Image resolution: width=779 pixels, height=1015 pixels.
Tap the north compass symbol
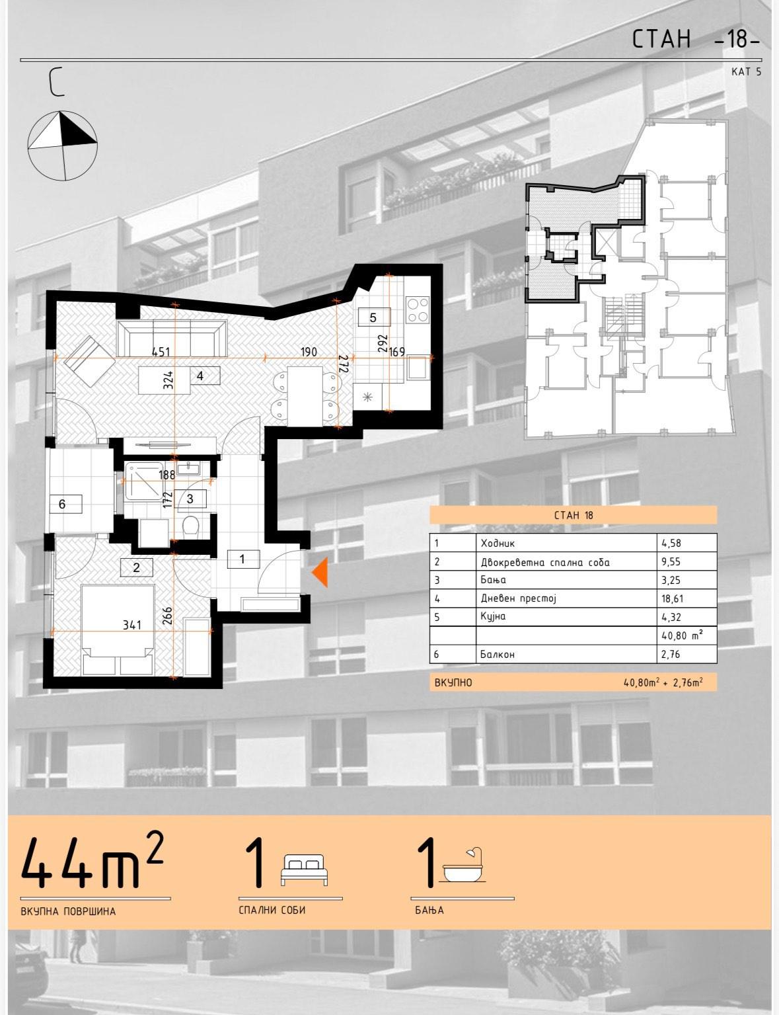(63, 146)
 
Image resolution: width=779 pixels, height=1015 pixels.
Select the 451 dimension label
(161, 351)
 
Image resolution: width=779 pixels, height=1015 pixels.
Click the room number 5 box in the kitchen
(373, 317)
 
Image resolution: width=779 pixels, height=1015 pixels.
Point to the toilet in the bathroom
(192, 526)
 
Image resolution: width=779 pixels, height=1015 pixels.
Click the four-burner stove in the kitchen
(418, 309)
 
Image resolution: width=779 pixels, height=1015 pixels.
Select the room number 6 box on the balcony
(66, 504)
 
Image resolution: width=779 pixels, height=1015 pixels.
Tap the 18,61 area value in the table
(671, 598)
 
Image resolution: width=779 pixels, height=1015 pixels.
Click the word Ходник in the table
(498, 544)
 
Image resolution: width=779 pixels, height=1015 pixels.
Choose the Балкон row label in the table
(498, 655)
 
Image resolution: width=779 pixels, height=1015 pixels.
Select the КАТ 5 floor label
(747, 72)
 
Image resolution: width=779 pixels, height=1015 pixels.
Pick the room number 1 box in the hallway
(243, 559)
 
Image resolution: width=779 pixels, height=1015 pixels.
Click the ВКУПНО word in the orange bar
(453, 683)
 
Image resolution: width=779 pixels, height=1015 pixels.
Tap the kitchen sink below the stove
(418, 368)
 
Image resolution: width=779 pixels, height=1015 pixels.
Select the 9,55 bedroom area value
(671, 562)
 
